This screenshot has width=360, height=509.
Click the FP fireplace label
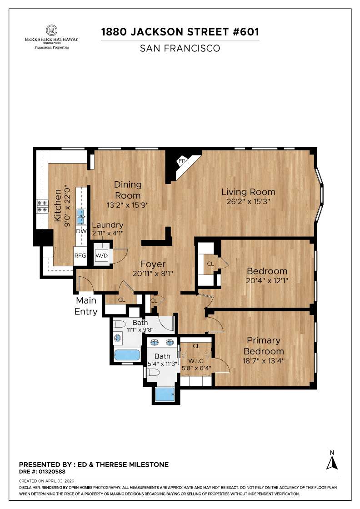tap(182, 161)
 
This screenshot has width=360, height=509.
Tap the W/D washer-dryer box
tap(101, 255)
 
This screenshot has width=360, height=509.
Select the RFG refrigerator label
tap(80, 255)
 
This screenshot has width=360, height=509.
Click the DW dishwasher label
tap(81, 231)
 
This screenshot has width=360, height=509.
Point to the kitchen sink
tap(81, 217)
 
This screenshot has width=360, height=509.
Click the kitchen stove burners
tap(42, 206)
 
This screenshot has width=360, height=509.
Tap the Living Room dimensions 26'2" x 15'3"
tap(248, 202)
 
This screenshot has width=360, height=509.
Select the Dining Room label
tap(128, 190)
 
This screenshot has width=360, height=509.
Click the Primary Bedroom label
tap(264, 346)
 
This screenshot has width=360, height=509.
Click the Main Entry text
tap(86, 306)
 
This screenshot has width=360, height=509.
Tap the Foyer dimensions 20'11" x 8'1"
tap(152, 274)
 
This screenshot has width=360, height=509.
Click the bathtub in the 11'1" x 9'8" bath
tap(127, 355)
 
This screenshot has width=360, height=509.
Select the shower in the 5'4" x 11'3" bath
tap(165, 394)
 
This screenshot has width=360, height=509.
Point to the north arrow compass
tap(332, 460)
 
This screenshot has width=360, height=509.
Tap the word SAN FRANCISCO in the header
tap(180, 48)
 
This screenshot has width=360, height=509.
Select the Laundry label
tap(108, 225)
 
